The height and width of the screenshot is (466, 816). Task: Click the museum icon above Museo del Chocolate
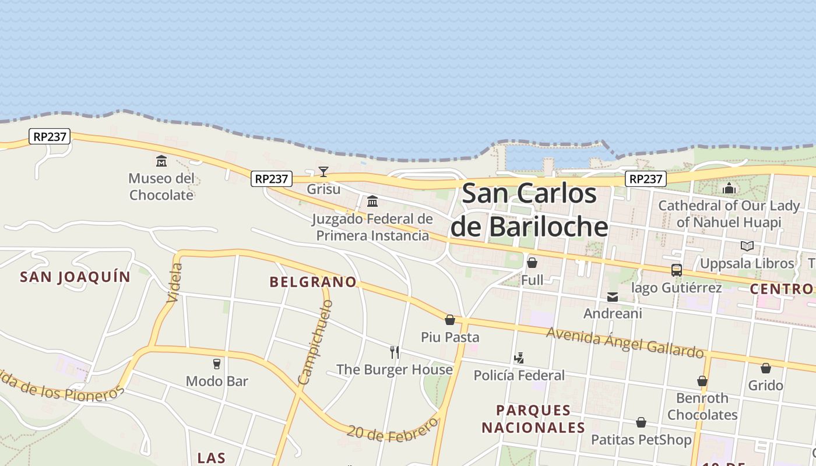(161, 161)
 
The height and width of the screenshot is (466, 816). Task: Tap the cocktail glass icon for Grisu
(323, 171)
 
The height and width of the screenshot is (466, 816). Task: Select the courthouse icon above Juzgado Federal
(372, 202)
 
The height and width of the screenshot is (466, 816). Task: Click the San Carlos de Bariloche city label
(529, 210)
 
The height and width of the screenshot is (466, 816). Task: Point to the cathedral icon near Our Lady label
(729, 188)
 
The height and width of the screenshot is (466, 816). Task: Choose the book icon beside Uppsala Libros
(747, 246)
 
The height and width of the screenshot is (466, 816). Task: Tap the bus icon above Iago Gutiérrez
(676, 270)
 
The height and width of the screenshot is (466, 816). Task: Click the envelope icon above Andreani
(613, 297)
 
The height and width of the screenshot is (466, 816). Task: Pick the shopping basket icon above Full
(532, 263)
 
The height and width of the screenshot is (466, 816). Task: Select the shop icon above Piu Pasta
(450, 320)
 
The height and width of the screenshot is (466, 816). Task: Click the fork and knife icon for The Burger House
(395, 352)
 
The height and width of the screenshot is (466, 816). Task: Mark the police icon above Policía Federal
(519, 358)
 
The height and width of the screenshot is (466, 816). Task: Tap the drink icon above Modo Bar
(217, 364)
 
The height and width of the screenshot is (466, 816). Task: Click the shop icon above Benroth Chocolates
(702, 381)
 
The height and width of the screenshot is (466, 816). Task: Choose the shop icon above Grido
(766, 368)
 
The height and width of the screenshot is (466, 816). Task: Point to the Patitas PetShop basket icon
(641, 422)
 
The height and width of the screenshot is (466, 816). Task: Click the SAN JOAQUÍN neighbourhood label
(75, 277)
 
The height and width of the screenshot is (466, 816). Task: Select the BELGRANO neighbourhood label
(313, 282)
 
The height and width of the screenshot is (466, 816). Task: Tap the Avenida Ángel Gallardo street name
(625, 342)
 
